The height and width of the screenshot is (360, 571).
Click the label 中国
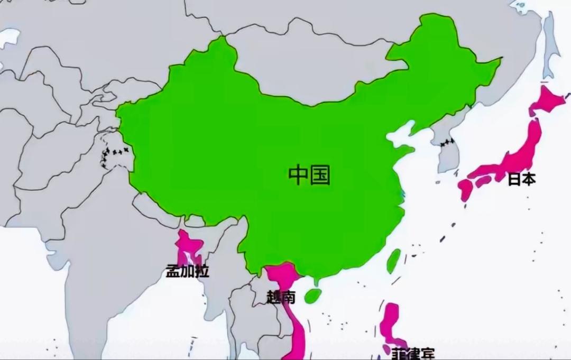[x=309, y=175]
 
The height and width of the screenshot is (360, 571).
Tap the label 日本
[x=521, y=179]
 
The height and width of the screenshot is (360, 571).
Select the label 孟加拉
[x=187, y=272]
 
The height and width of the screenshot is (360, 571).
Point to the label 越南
[x=281, y=297]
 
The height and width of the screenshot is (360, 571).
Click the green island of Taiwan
[x=393, y=261]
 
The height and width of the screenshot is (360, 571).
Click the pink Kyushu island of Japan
[x=466, y=189]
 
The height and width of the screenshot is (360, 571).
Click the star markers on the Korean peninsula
[x=447, y=142]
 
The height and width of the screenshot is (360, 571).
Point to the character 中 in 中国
[x=299, y=175]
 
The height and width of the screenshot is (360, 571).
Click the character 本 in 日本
[x=528, y=179]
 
